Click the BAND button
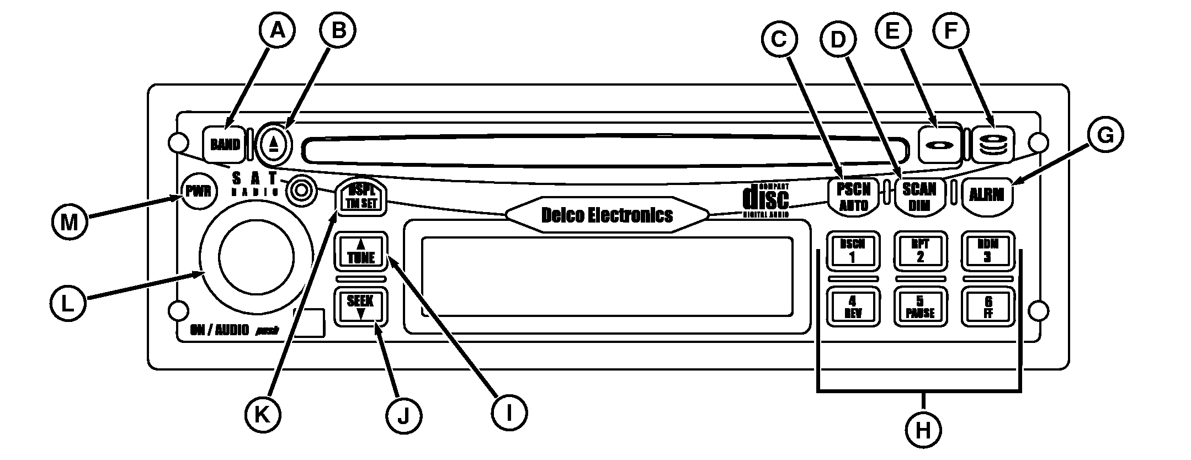pyautogui.click(x=225, y=145)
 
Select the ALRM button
pyautogui.click(x=987, y=195)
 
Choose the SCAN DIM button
pyautogui.click(x=919, y=197)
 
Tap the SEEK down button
pyautogui.click(x=360, y=306)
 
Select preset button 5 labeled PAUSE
pyautogui.click(x=920, y=306)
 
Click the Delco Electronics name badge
pyautogui.click(x=607, y=215)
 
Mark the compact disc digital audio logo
pyautogui.click(x=767, y=199)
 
